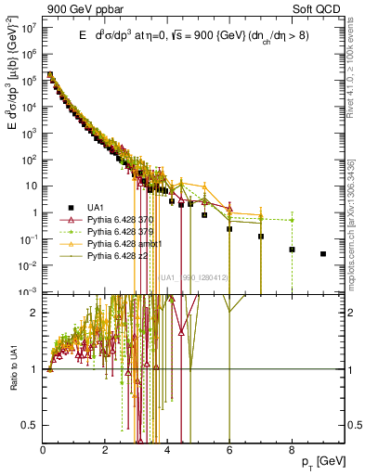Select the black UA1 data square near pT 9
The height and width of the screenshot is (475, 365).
(323, 254)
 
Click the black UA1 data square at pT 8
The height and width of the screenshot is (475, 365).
(292, 250)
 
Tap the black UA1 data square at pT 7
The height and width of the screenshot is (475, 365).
(261, 237)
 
